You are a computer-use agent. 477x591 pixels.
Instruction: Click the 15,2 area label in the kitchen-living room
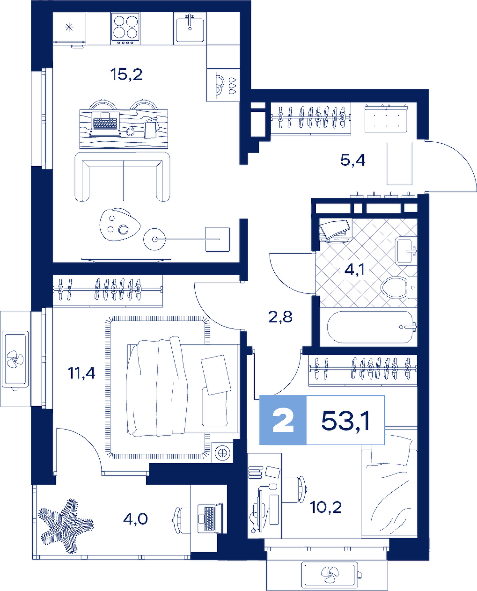[x=126, y=74]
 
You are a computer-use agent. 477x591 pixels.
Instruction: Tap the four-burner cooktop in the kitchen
[x=125, y=28]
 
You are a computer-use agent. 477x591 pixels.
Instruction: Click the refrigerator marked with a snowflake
[x=69, y=29]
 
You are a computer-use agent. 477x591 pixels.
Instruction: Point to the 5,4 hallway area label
[x=352, y=160]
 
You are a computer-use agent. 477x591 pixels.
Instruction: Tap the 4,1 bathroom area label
[x=354, y=270]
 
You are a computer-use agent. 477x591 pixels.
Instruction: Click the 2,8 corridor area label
[x=280, y=317]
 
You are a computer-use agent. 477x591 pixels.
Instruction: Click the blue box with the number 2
[x=283, y=420]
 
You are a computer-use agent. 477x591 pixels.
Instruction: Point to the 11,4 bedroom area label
[x=81, y=373]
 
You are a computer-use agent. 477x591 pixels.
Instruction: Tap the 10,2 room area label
[x=326, y=507]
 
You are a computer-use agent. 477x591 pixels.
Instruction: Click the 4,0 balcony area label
[x=135, y=518]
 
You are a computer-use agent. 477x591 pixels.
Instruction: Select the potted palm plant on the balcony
[x=65, y=521]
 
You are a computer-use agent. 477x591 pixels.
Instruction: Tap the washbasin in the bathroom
[x=405, y=250]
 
